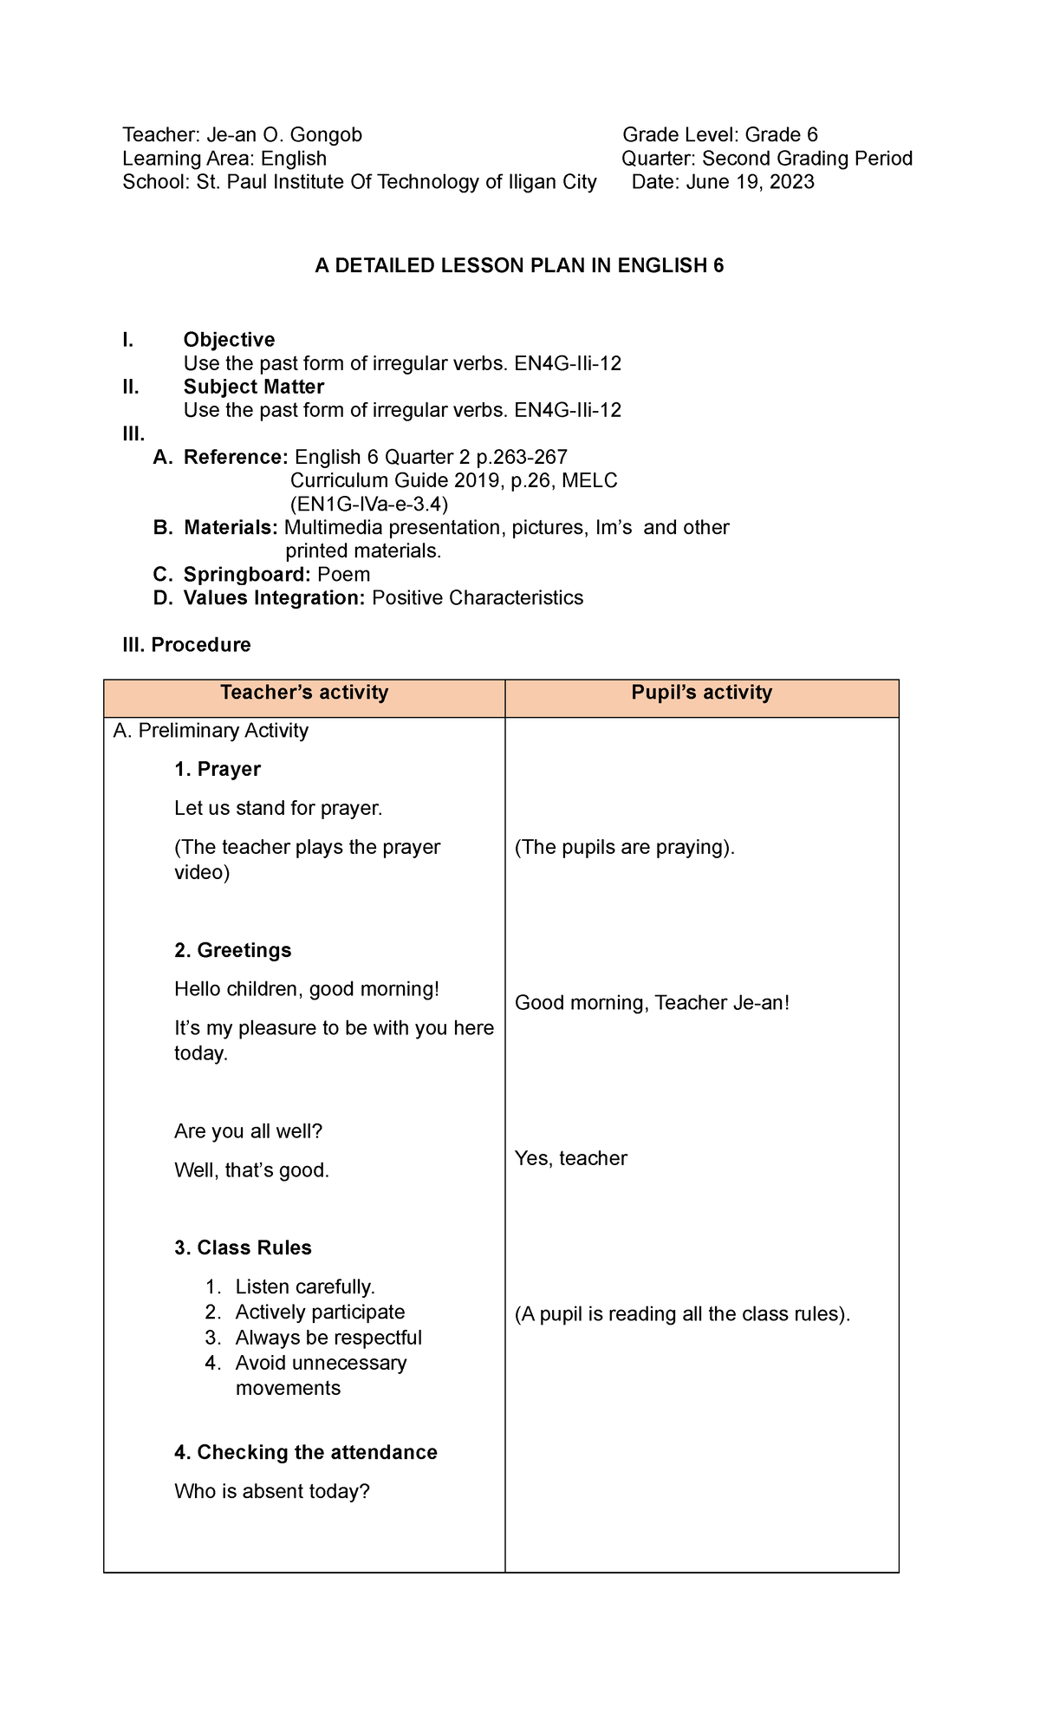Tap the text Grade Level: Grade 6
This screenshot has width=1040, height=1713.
pos(720,135)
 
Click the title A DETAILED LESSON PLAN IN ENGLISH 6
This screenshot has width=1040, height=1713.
pos(519,266)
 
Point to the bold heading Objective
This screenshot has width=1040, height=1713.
pos(229,340)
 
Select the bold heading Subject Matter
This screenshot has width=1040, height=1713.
pos(254,387)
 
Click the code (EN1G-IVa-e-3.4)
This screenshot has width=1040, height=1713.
pos(369,505)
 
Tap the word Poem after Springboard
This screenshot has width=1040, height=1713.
pos(344,575)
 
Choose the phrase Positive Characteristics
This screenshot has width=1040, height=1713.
pos(478,598)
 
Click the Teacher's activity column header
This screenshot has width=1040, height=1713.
pos(304,693)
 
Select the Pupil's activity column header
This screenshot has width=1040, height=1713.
pos(701,693)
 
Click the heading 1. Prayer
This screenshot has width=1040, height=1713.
pos(218,770)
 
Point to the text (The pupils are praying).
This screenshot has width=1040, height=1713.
pos(624,848)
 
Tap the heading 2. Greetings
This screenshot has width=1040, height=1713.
pos(232,951)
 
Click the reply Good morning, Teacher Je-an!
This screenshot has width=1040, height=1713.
pos(652,1004)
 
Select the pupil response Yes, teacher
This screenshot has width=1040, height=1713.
pos(570,1159)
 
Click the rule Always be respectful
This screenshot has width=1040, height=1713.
pos(328,1338)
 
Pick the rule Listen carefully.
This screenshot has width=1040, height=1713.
pos(305,1287)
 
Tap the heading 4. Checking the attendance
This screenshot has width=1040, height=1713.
pos(305,1453)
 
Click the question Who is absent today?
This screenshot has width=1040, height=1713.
pos(272,1492)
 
